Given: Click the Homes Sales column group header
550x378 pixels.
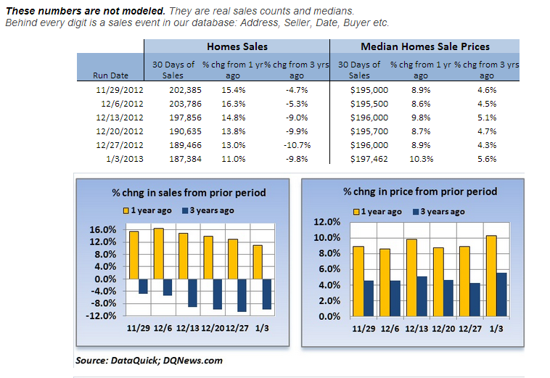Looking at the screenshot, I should [x=237, y=46].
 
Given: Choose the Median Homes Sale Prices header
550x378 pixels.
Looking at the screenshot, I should [x=424, y=46].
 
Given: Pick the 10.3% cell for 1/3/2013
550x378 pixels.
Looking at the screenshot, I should [x=422, y=159].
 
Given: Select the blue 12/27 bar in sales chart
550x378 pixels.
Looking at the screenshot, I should [x=242, y=295].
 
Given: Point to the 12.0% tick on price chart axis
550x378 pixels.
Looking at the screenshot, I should [x=324, y=222].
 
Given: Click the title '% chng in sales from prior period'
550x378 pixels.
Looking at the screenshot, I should [x=188, y=193].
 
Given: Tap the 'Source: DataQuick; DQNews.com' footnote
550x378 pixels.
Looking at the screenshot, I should [x=149, y=360].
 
